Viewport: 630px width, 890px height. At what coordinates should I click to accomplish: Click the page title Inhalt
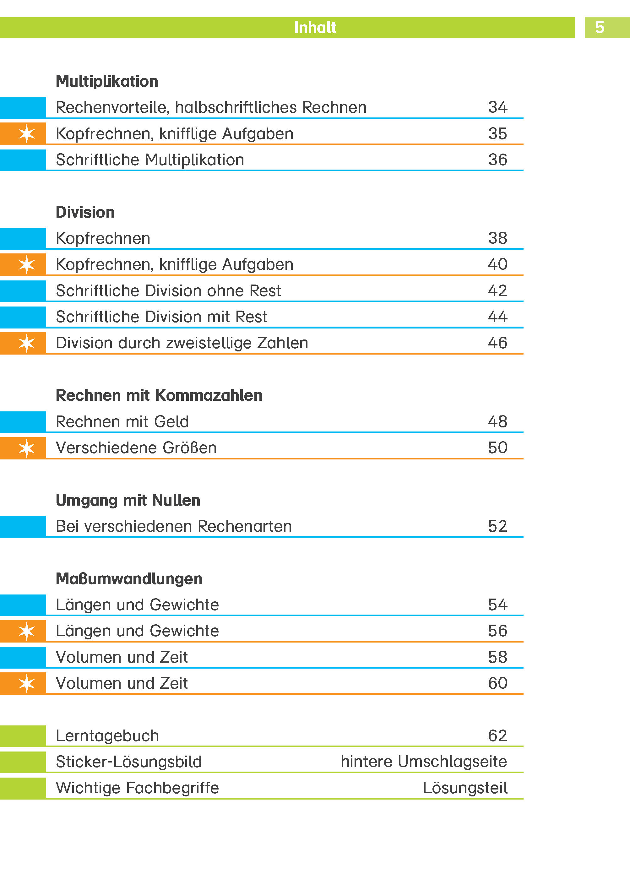pyautogui.click(x=315, y=28)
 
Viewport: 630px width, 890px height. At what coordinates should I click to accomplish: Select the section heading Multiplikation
pyautogui.click(x=107, y=81)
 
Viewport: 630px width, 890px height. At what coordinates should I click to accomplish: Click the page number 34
pyautogui.click(x=497, y=107)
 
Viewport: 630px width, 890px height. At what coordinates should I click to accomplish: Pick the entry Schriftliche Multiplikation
pyautogui.click(x=150, y=160)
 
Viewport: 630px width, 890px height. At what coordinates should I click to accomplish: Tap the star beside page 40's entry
pyautogui.click(x=26, y=264)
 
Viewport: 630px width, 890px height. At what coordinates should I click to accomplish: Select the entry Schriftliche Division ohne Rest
pyautogui.click(x=168, y=291)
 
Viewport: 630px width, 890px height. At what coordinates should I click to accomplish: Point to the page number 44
pyautogui.click(x=497, y=317)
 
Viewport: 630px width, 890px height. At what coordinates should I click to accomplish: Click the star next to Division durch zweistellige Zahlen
pyautogui.click(x=26, y=343)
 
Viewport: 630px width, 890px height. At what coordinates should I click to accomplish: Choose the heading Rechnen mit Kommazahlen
pyautogui.click(x=159, y=396)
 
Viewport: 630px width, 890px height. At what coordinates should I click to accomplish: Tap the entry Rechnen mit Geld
pyautogui.click(x=122, y=421)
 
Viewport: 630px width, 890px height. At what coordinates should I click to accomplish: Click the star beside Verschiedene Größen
pyautogui.click(x=26, y=448)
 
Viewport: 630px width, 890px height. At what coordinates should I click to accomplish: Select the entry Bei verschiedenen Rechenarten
pyautogui.click(x=173, y=526)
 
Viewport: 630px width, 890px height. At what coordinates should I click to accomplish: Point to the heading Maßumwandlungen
pyautogui.click(x=129, y=578)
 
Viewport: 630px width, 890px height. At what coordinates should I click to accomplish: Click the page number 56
pyautogui.click(x=497, y=631)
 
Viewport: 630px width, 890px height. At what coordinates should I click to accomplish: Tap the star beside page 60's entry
pyautogui.click(x=26, y=683)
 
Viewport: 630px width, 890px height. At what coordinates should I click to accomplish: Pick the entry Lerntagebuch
pyautogui.click(x=107, y=736)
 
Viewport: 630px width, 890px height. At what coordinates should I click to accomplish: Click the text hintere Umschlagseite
pyautogui.click(x=424, y=762)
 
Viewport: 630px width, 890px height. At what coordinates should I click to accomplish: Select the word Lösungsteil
pyautogui.click(x=465, y=788)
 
